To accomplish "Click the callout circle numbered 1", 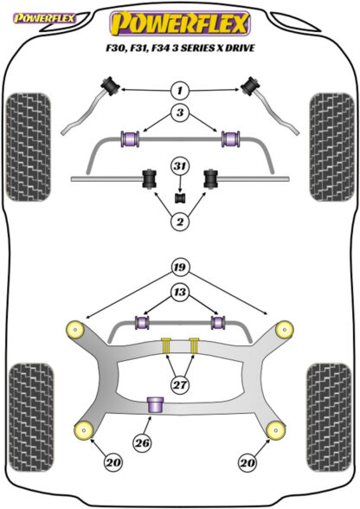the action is pos(180,90).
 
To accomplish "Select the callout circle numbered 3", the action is pos(180,113).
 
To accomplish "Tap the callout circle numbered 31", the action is pos(180,166).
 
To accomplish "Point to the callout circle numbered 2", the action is pos(180,222).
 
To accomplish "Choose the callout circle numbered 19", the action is pos(180,267).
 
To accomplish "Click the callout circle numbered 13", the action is pos(180,293).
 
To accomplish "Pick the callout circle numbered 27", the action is pos(180,385).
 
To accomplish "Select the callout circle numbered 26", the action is pos(142,443).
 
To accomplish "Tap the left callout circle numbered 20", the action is pos(113,462).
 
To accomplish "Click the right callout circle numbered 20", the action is pos(247,462).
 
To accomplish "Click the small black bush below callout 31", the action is pos(180,198).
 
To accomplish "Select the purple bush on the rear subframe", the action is pos(156,404).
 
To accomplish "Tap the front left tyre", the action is pos(29,147).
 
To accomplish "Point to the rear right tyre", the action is pos(329,417).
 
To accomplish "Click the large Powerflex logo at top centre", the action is pos(180,23).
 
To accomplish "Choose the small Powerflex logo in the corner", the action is pos(44,18).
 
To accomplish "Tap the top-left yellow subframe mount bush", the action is pos(75,330).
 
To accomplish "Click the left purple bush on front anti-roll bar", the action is pos(130,139).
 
